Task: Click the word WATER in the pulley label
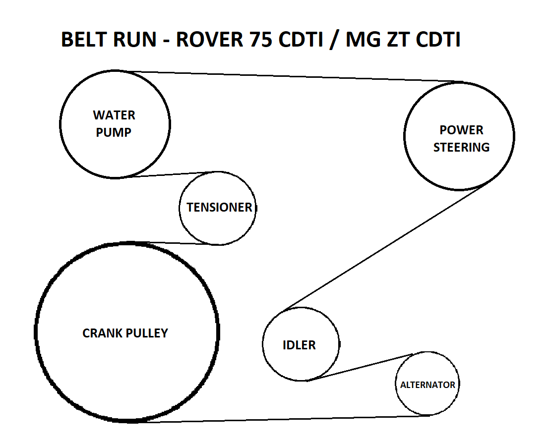tap(114, 115)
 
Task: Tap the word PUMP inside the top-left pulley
tap(114, 132)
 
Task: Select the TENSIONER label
tap(219, 207)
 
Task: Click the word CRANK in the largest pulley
tap(102, 333)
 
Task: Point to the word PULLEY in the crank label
tap(147, 333)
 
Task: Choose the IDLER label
tap(299, 345)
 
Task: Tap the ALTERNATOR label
tap(427, 385)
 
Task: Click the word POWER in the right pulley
tap(461, 130)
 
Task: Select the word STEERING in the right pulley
tap(461, 147)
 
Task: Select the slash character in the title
tap(334, 40)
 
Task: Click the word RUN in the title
tap(135, 39)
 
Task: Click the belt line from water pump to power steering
tap(294, 77)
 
